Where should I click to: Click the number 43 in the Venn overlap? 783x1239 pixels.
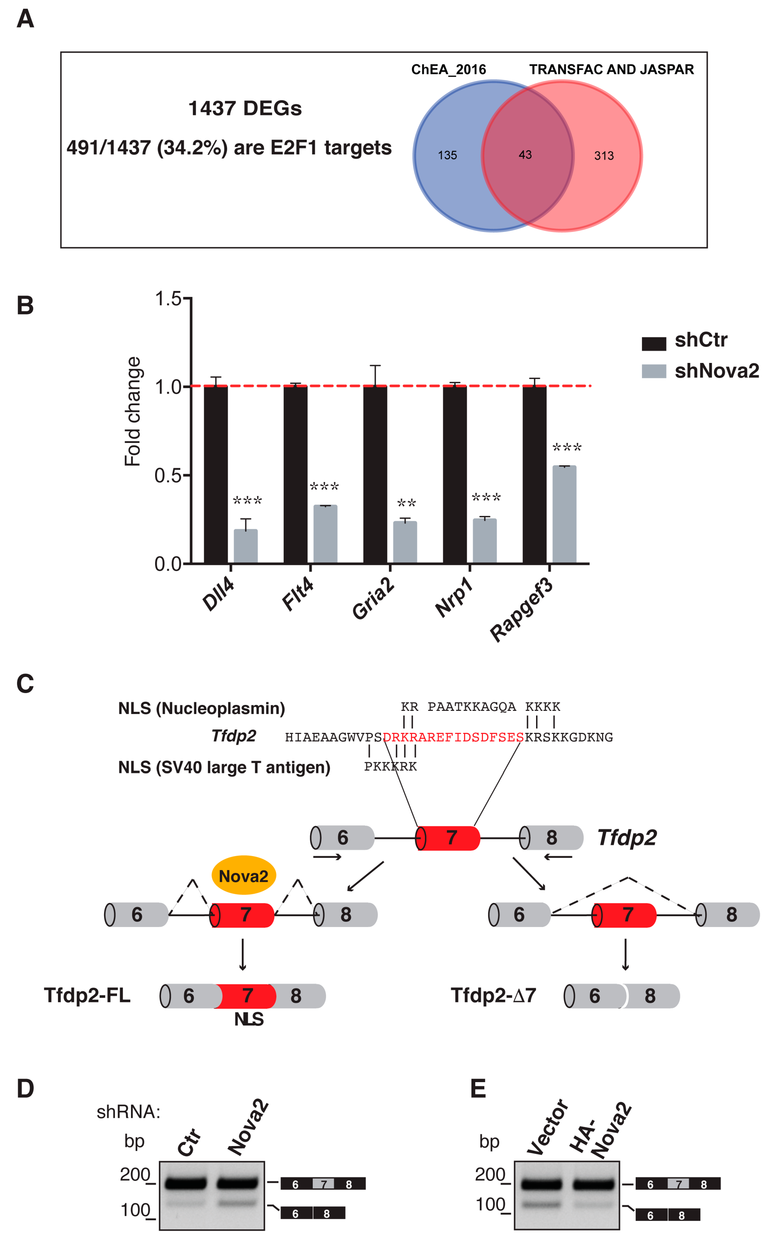525,154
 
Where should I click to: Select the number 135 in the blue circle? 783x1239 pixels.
447,155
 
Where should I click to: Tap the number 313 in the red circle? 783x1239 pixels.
604,155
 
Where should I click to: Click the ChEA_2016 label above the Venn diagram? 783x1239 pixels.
448,70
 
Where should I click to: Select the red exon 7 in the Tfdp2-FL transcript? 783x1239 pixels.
246,996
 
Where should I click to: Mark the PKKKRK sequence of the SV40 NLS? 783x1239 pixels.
390,767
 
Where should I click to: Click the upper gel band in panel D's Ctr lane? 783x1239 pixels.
185,1183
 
